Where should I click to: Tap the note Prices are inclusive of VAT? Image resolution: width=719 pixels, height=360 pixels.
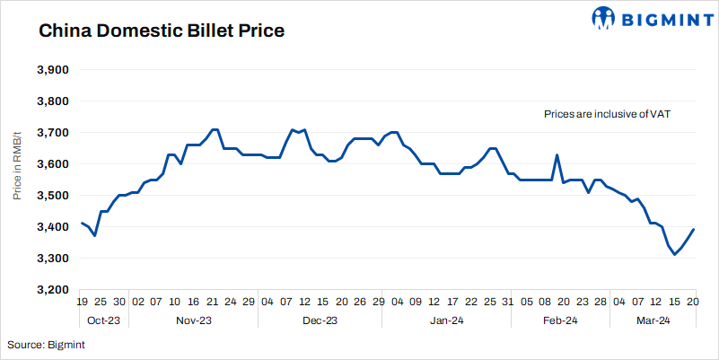(x=608, y=115)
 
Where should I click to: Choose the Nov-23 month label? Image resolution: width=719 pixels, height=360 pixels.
(x=194, y=320)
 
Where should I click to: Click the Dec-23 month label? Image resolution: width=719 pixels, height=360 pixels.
(x=320, y=320)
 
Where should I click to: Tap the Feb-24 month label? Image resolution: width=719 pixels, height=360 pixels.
(x=560, y=320)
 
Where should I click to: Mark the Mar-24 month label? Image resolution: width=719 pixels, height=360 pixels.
(x=653, y=320)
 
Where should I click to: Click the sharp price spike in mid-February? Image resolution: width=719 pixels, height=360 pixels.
(x=557, y=155)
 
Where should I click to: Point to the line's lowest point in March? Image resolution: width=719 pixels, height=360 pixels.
(x=675, y=255)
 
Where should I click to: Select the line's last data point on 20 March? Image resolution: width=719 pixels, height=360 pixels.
(x=694, y=230)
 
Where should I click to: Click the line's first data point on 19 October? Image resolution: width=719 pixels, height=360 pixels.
(x=82, y=223)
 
